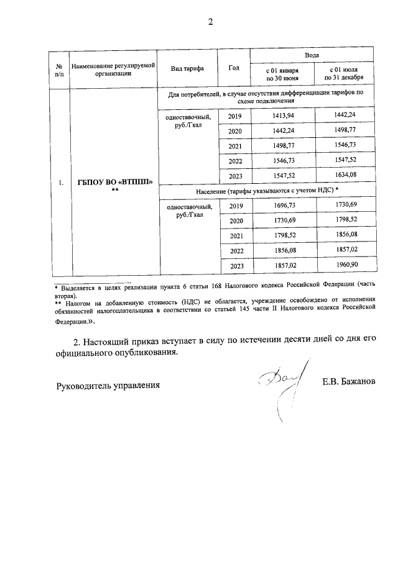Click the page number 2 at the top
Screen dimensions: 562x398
(210, 23)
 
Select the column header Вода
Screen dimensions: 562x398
(312, 55)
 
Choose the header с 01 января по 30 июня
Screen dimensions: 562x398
(283, 75)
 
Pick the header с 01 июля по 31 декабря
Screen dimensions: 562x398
(344, 75)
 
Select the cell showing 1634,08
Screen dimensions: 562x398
(344, 176)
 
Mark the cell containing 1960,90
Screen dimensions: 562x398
(344, 266)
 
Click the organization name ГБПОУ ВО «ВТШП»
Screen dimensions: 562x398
(114, 182)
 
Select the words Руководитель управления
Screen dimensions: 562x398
(108, 385)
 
